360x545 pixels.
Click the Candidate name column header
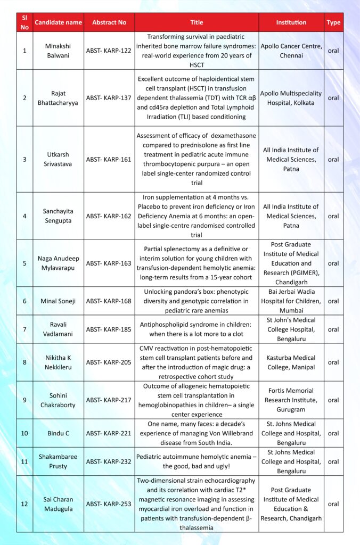59,22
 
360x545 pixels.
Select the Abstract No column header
109,22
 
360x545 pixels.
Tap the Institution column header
291,22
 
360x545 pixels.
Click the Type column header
333,22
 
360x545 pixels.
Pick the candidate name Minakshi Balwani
59,51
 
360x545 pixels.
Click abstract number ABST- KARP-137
109,98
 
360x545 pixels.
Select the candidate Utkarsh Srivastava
59,159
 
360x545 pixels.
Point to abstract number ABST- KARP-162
109,216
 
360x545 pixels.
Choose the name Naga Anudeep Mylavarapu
59,263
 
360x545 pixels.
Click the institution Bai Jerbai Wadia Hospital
291,301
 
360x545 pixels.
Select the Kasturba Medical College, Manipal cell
291,362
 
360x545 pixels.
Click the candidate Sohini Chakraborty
59,400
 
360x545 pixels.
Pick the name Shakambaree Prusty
59,461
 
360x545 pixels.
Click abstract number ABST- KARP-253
109,504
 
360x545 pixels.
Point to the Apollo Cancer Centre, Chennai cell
291,51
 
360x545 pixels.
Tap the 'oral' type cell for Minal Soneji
333,301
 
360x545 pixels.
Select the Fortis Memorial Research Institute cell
291,400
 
